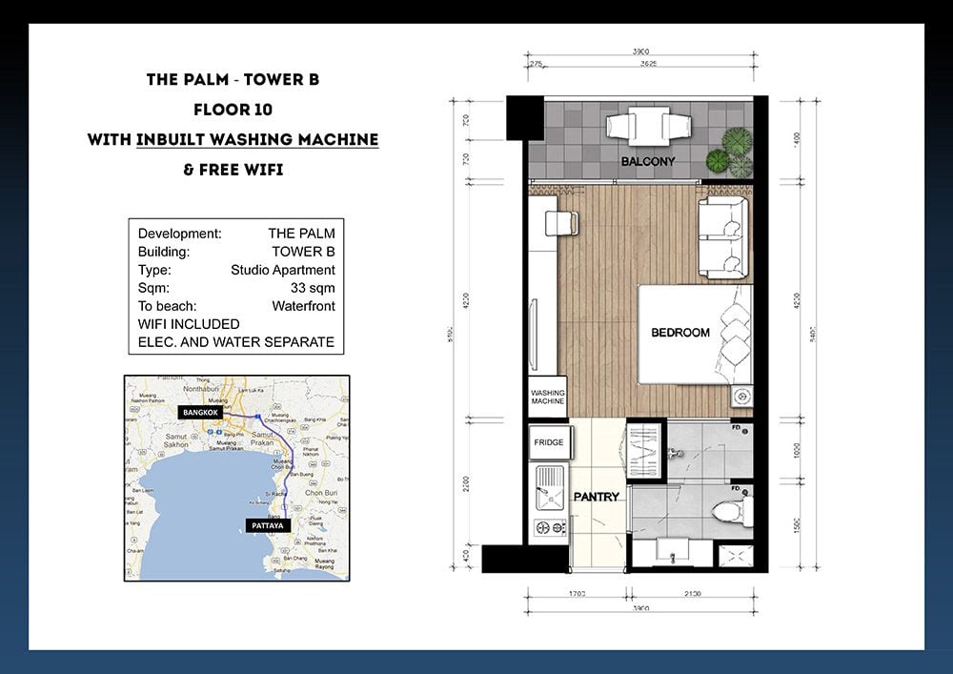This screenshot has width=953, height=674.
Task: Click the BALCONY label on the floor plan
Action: (647, 162)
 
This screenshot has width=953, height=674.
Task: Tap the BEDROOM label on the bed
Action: (679, 333)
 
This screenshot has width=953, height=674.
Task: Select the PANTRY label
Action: (597, 497)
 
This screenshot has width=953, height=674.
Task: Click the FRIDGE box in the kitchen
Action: (548, 443)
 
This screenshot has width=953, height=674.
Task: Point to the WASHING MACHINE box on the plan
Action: (548, 398)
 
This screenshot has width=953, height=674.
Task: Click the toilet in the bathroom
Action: (731, 504)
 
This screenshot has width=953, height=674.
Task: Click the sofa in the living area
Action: (725, 235)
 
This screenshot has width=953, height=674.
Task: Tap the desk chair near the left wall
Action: (561, 223)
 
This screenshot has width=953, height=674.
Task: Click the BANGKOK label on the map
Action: (200, 413)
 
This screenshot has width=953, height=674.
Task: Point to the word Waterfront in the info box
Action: (303, 306)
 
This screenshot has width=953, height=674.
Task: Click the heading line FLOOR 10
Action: (233, 110)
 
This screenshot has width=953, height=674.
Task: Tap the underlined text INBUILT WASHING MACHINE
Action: (257, 139)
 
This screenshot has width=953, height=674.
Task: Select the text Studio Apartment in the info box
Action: (283, 270)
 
